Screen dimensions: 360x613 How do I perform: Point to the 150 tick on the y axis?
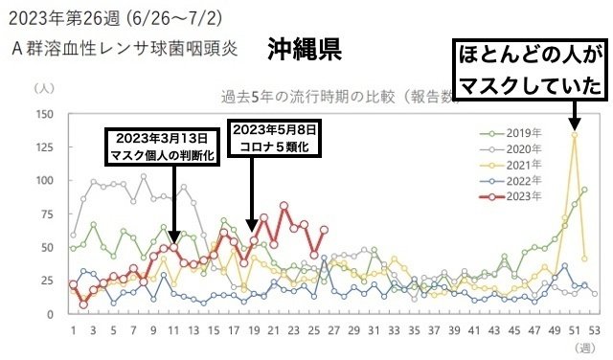(x=43, y=114)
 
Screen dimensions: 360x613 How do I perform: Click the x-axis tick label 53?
(x=594, y=331)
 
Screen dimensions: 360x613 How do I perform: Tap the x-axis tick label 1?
(x=73, y=331)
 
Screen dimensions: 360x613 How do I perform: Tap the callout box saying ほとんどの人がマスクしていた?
(x=530, y=69)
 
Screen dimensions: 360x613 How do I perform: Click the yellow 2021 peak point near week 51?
(x=574, y=135)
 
